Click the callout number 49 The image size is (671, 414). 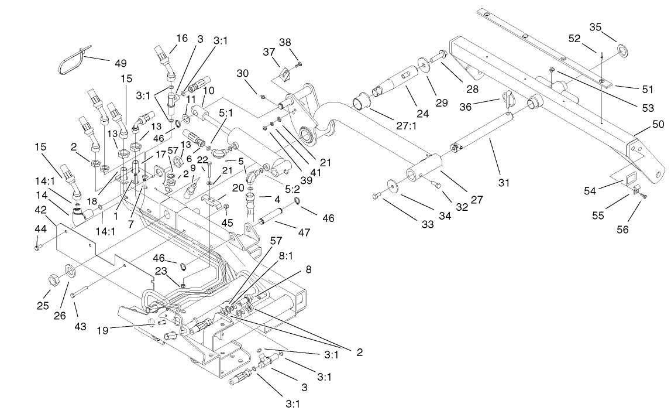[120, 63]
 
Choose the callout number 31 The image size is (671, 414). [504, 183]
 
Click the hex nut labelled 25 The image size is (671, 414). [52, 277]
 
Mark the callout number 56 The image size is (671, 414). [622, 230]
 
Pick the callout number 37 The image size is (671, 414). [269, 52]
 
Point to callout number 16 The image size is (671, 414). [183, 38]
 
